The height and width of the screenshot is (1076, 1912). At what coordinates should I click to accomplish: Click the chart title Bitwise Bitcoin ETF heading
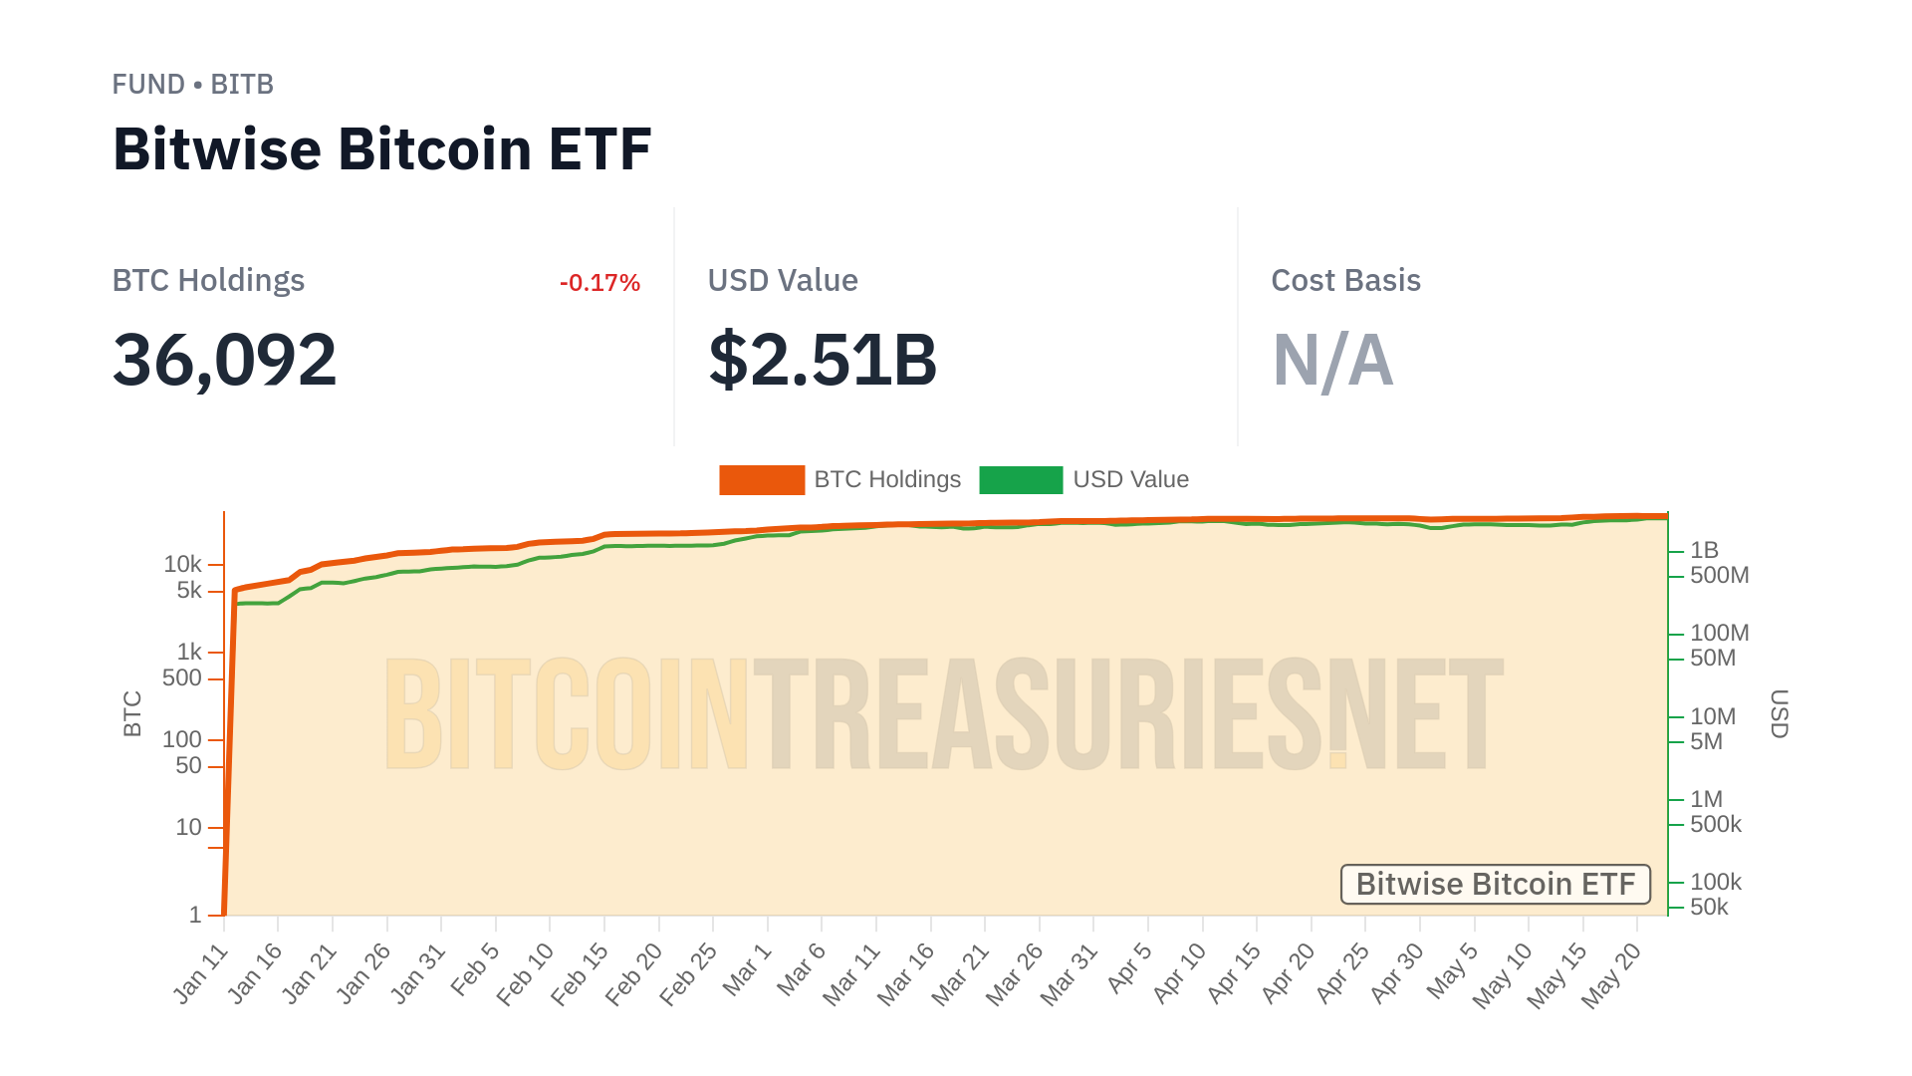click(381, 149)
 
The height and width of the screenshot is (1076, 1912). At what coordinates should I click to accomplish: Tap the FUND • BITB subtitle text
click(192, 85)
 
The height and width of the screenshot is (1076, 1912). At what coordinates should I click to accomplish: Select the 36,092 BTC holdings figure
click(224, 360)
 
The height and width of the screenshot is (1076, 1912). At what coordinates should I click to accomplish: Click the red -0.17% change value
click(599, 283)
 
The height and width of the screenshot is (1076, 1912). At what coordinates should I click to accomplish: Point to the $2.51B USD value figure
click(823, 360)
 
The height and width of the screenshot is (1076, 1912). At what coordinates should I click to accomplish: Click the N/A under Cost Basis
click(1332, 360)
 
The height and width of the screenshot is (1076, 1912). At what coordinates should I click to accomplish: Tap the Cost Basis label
click(1345, 281)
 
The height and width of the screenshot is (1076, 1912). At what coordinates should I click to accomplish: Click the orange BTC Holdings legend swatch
click(761, 479)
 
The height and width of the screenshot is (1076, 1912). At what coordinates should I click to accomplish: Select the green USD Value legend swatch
click(1021, 479)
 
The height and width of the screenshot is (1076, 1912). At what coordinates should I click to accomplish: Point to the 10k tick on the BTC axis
click(182, 565)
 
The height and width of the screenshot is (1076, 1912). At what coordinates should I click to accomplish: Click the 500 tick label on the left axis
click(181, 678)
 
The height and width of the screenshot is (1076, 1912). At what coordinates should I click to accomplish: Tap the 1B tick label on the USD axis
click(1704, 550)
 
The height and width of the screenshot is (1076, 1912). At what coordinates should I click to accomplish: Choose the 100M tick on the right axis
click(1719, 633)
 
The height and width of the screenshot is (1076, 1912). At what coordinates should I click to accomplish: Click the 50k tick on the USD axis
click(1709, 907)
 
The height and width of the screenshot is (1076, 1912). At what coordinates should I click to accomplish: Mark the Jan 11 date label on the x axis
click(201, 974)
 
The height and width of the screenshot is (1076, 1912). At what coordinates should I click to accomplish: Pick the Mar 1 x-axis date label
click(748, 969)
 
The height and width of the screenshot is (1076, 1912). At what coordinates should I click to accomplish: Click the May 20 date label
click(1610, 976)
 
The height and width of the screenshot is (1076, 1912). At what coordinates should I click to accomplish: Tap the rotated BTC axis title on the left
click(132, 713)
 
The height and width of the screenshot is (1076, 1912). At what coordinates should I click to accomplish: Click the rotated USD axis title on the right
click(1780, 713)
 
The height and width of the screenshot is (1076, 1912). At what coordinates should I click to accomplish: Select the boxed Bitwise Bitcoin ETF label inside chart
click(1495, 884)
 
